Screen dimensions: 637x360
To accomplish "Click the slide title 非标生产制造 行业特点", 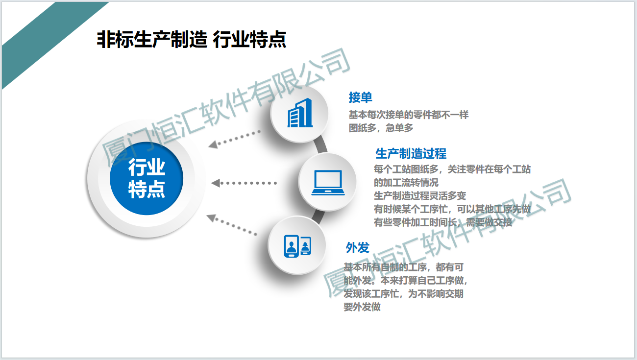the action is [x=192, y=40].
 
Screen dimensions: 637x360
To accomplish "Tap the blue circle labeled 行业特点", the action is [x=147, y=178].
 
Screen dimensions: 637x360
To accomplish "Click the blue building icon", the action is [x=300, y=113].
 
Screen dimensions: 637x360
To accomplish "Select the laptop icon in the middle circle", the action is [x=328, y=183].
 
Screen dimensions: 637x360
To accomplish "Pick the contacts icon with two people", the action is [x=297, y=246].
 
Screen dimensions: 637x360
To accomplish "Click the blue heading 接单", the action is [x=360, y=97].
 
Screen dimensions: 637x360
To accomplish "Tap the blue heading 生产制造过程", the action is [x=411, y=154].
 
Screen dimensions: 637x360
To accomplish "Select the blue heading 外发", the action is [x=358, y=247].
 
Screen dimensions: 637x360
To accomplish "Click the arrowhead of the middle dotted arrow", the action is [x=215, y=183].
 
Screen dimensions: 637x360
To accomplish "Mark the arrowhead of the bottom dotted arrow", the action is [x=211, y=218].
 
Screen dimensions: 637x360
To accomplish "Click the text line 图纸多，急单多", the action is [x=381, y=128].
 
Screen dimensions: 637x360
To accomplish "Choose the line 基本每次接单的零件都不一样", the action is [x=408, y=115].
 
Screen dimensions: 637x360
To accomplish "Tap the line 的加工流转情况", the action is [x=406, y=183].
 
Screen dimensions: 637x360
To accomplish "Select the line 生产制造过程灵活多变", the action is [x=420, y=195].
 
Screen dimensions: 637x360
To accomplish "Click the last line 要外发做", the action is [x=362, y=307].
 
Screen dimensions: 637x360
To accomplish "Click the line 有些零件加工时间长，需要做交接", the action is [x=443, y=222].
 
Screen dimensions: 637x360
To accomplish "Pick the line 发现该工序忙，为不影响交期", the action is [x=403, y=294].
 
